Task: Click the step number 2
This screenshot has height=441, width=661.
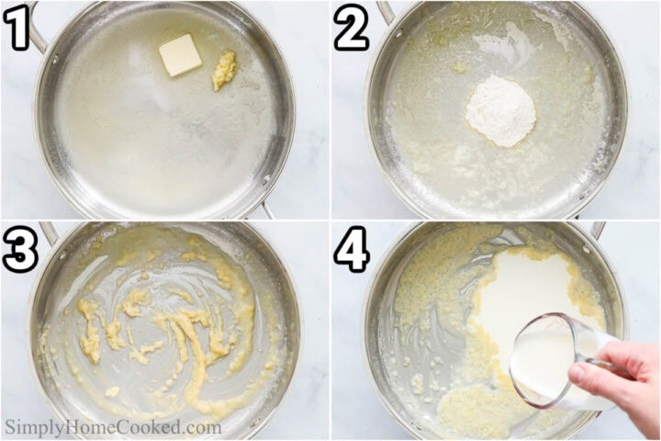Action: tap(352, 29)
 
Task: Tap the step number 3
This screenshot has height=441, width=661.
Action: tap(20, 250)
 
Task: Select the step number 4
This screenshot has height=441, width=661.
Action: tap(352, 250)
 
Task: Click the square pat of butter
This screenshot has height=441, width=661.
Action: tap(180, 54)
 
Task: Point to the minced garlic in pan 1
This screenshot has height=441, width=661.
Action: tap(224, 70)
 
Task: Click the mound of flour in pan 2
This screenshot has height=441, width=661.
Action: tap(499, 111)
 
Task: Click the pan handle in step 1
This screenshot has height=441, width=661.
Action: tap(37, 28)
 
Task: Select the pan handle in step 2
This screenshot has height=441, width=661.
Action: tap(386, 11)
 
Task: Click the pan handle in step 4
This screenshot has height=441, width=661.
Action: tap(597, 230)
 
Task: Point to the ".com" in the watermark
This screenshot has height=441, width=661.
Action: tap(202, 427)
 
